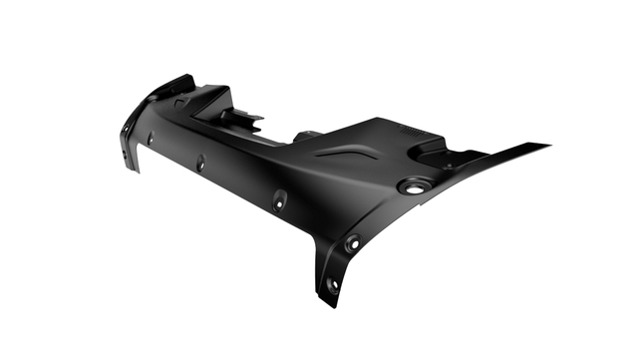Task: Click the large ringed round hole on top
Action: coord(414,185)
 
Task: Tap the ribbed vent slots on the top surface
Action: coord(411,131)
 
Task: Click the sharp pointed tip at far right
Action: coord(548,146)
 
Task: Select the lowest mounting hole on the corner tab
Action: coord(332,284)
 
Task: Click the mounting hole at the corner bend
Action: coord(352,241)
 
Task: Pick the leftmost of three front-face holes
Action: coord(151,139)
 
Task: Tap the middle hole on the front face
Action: coord(200,162)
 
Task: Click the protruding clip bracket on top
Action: coord(242,118)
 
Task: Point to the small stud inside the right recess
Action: coord(448,164)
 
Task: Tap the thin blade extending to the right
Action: coord(498,162)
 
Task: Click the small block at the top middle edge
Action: coord(308,134)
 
